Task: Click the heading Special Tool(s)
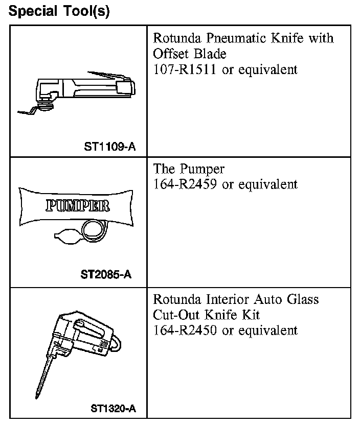(59, 11)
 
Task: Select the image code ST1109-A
(110, 147)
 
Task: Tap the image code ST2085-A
(106, 275)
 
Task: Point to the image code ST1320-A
(113, 408)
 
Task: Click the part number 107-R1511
(185, 69)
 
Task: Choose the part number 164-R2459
(186, 184)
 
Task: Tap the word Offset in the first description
(170, 54)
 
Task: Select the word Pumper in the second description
(202, 169)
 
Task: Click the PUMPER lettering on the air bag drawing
(77, 206)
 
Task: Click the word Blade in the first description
(210, 54)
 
